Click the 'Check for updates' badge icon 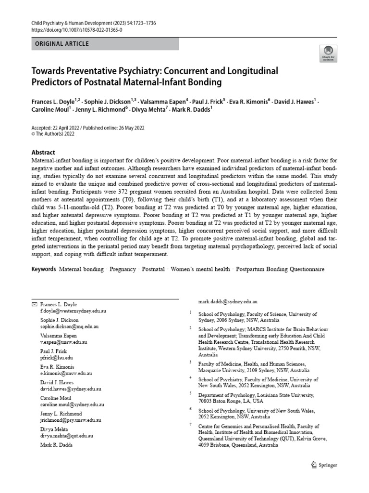(329, 52)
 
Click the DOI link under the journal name (76, 29)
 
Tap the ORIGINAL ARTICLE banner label (62, 44)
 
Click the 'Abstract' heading (44, 152)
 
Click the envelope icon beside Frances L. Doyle (34, 305)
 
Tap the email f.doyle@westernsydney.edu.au (74, 311)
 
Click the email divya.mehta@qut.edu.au (67, 435)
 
